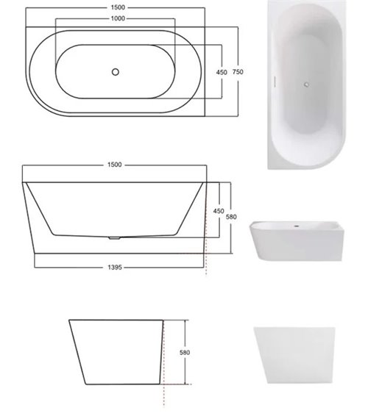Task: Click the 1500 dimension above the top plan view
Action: coord(118,7)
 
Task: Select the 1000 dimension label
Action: coord(118,18)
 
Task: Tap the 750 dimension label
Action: coord(238,71)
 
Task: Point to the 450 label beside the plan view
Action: coord(222,72)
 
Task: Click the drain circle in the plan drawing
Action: coord(116,72)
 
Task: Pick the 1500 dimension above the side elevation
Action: coord(115,165)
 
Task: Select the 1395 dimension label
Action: coord(115,267)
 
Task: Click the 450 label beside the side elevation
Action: coord(219,211)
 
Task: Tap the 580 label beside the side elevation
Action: coord(231,217)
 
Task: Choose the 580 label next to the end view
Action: coord(185,352)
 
